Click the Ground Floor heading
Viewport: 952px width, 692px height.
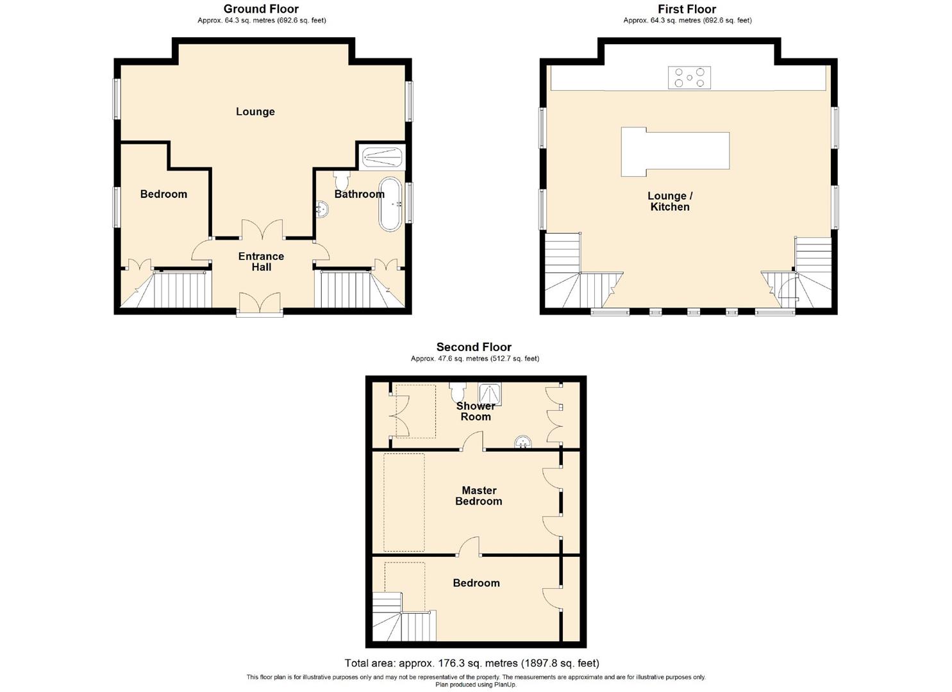point(261,9)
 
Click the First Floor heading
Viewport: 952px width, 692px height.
point(687,9)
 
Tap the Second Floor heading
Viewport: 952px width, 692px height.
point(474,347)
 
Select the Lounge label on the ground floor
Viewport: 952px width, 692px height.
point(255,111)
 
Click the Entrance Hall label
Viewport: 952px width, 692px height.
point(261,261)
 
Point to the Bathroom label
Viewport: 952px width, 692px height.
point(359,194)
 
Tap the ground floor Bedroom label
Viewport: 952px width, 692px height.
point(163,194)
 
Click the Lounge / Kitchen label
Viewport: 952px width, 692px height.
point(670,201)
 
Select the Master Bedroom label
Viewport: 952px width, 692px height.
point(479,496)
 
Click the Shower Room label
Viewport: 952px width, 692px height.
point(475,411)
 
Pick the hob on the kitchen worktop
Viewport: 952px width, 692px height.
point(689,78)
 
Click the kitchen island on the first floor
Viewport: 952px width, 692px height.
point(675,151)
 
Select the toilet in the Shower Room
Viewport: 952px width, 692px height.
point(458,390)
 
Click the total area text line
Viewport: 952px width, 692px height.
point(472,663)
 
